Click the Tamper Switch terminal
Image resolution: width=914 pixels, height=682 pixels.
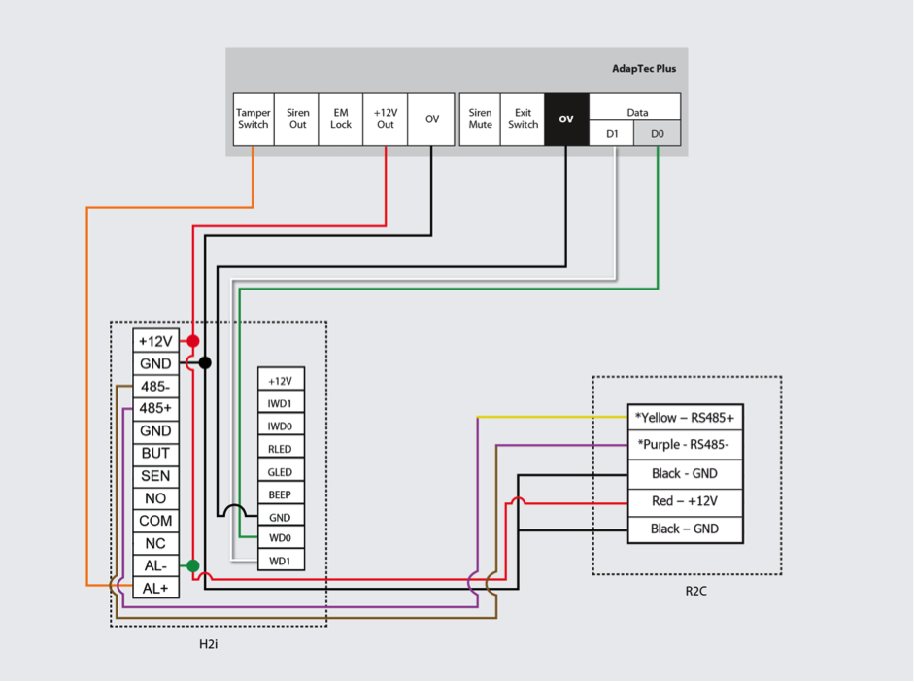[x=254, y=119]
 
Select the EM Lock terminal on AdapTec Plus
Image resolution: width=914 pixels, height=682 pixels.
[x=341, y=119]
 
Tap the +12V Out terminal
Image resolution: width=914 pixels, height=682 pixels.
[x=386, y=119]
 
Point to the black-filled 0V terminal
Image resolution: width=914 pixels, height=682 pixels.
[x=566, y=119]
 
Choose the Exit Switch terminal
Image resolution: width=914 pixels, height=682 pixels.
[x=523, y=119]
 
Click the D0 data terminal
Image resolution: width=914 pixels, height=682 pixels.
[x=658, y=134]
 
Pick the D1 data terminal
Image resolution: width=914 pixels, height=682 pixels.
[x=612, y=134]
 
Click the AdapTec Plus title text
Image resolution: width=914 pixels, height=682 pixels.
[x=644, y=69]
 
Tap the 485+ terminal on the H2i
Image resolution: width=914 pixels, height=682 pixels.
[x=155, y=408]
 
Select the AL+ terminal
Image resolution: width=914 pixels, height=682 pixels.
[x=155, y=588]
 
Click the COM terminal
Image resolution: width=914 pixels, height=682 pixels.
[x=155, y=521]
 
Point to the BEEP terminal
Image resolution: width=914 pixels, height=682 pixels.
[x=281, y=494]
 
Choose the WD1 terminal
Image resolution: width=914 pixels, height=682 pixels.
[x=281, y=561]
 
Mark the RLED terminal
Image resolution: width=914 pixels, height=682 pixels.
[x=281, y=449]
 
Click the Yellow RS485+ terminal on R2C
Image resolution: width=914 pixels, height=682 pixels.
[x=685, y=418]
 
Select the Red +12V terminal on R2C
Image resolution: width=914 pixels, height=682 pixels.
[x=685, y=501]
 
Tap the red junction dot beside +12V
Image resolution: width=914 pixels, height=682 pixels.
[x=193, y=341]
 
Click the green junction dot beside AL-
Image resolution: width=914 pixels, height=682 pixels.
[x=193, y=565]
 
